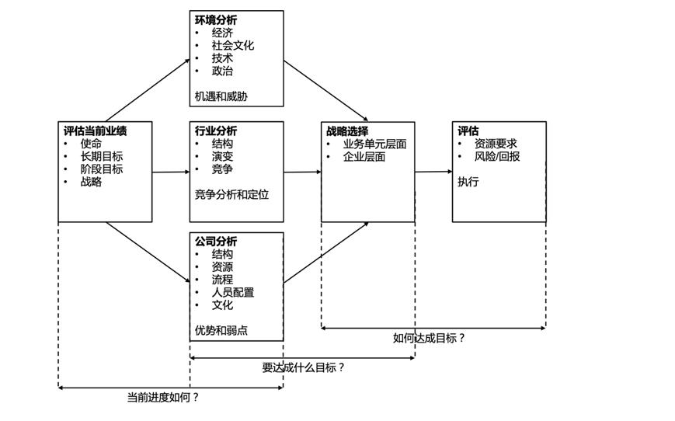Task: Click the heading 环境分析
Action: pos(216,20)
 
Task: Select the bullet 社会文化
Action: pos(232,45)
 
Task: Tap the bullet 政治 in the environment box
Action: pos(222,71)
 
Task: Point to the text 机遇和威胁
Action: pos(226,97)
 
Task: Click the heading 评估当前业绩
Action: pos(95,131)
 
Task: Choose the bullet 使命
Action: pos(91,144)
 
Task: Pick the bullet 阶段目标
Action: pos(101,169)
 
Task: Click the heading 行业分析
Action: pos(216,131)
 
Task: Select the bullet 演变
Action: pos(222,156)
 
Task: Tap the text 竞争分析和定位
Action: pos(231,195)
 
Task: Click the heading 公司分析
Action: pos(216,242)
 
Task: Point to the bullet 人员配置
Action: pos(232,292)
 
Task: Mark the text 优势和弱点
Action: pos(221,330)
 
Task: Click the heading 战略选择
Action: pos(347,131)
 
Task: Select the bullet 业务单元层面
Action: pos(374,144)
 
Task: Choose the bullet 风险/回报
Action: pos(497,156)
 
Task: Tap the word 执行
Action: pos(468,182)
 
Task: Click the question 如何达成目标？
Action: pos(429,338)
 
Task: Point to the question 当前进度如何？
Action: pos(163,397)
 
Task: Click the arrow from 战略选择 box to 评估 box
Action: pos(433,172)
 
